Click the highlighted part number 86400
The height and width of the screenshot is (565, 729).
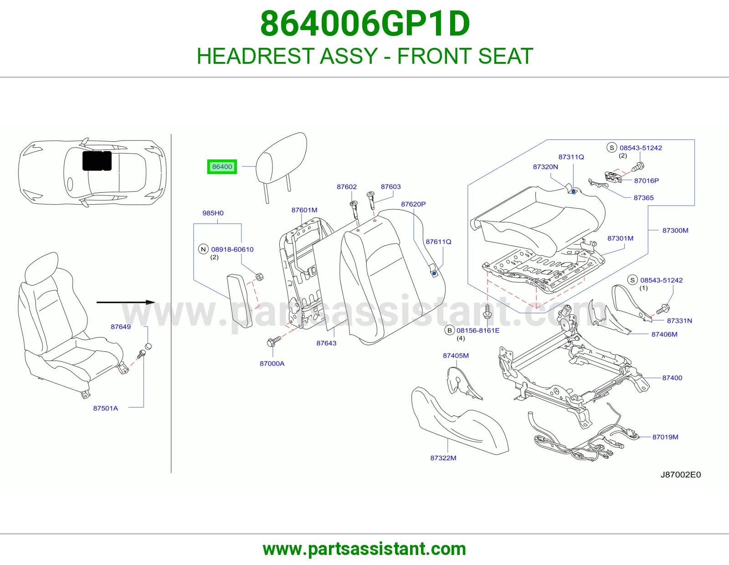pos(222,167)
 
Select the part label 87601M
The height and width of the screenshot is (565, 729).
pos(304,210)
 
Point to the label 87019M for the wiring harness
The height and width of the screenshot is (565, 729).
pos(665,437)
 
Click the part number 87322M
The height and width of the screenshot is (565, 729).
pos(443,457)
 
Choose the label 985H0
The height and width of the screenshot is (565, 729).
pos(213,213)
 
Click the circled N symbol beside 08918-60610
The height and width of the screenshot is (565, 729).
pos(203,249)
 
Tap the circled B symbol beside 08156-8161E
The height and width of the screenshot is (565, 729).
pos(449,330)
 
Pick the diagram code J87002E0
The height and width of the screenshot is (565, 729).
pos(681,475)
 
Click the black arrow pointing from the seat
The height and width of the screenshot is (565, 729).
pos(126,302)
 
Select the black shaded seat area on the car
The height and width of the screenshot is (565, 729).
pos(97,161)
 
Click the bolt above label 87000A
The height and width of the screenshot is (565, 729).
pos(273,342)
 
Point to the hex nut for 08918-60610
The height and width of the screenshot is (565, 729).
pos(259,277)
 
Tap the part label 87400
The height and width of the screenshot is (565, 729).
pos(672,378)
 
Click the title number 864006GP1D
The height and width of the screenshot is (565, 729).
pos(365,24)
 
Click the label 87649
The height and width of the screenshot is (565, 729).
pos(121,327)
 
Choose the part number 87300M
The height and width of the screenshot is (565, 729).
pos(675,231)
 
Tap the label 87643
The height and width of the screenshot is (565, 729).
pos(326,343)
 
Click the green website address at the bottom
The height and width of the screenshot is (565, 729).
pos(364,549)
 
